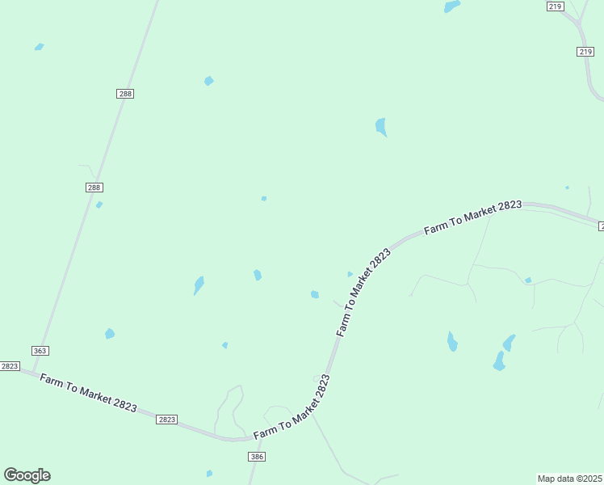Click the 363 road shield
click(x=40, y=351)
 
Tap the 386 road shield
click(x=257, y=457)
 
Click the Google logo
click(x=27, y=475)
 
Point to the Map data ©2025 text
click(x=570, y=479)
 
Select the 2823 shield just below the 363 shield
click(x=9, y=366)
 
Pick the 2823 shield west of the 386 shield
click(x=166, y=420)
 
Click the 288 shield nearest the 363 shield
click(x=94, y=188)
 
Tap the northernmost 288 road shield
click(x=125, y=94)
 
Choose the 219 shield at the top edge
click(x=555, y=6)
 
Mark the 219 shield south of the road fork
click(x=585, y=52)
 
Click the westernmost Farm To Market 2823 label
click(x=88, y=394)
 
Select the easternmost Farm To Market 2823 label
click(x=472, y=217)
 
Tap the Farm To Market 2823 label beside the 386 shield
click(x=292, y=409)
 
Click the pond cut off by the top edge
click(x=451, y=6)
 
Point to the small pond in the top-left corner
click(x=39, y=47)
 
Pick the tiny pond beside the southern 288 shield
click(x=99, y=205)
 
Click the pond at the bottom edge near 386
click(x=209, y=473)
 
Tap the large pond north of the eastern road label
click(x=381, y=126)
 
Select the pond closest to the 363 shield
click(x=110, y=333)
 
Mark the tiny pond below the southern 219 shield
click(x=567, y=188)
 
